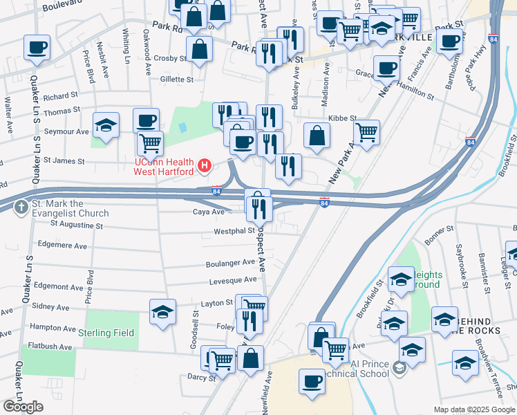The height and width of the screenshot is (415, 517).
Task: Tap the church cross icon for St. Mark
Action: [x=21, y=206]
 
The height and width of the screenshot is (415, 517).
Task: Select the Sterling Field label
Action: [x=106, y=333]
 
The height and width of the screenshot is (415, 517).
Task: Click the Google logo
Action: [x=23, y=407]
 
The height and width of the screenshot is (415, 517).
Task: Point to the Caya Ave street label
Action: [x=209, y=212]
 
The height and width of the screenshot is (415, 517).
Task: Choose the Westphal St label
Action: [x=235, y=231]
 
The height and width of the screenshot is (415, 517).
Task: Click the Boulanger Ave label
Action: [x=230, y=263]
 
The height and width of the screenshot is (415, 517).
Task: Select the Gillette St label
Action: [x=176, y=80]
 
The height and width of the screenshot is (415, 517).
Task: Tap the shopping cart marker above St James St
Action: [x=150, y=143]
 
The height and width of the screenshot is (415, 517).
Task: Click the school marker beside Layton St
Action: [x=162, y=311]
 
